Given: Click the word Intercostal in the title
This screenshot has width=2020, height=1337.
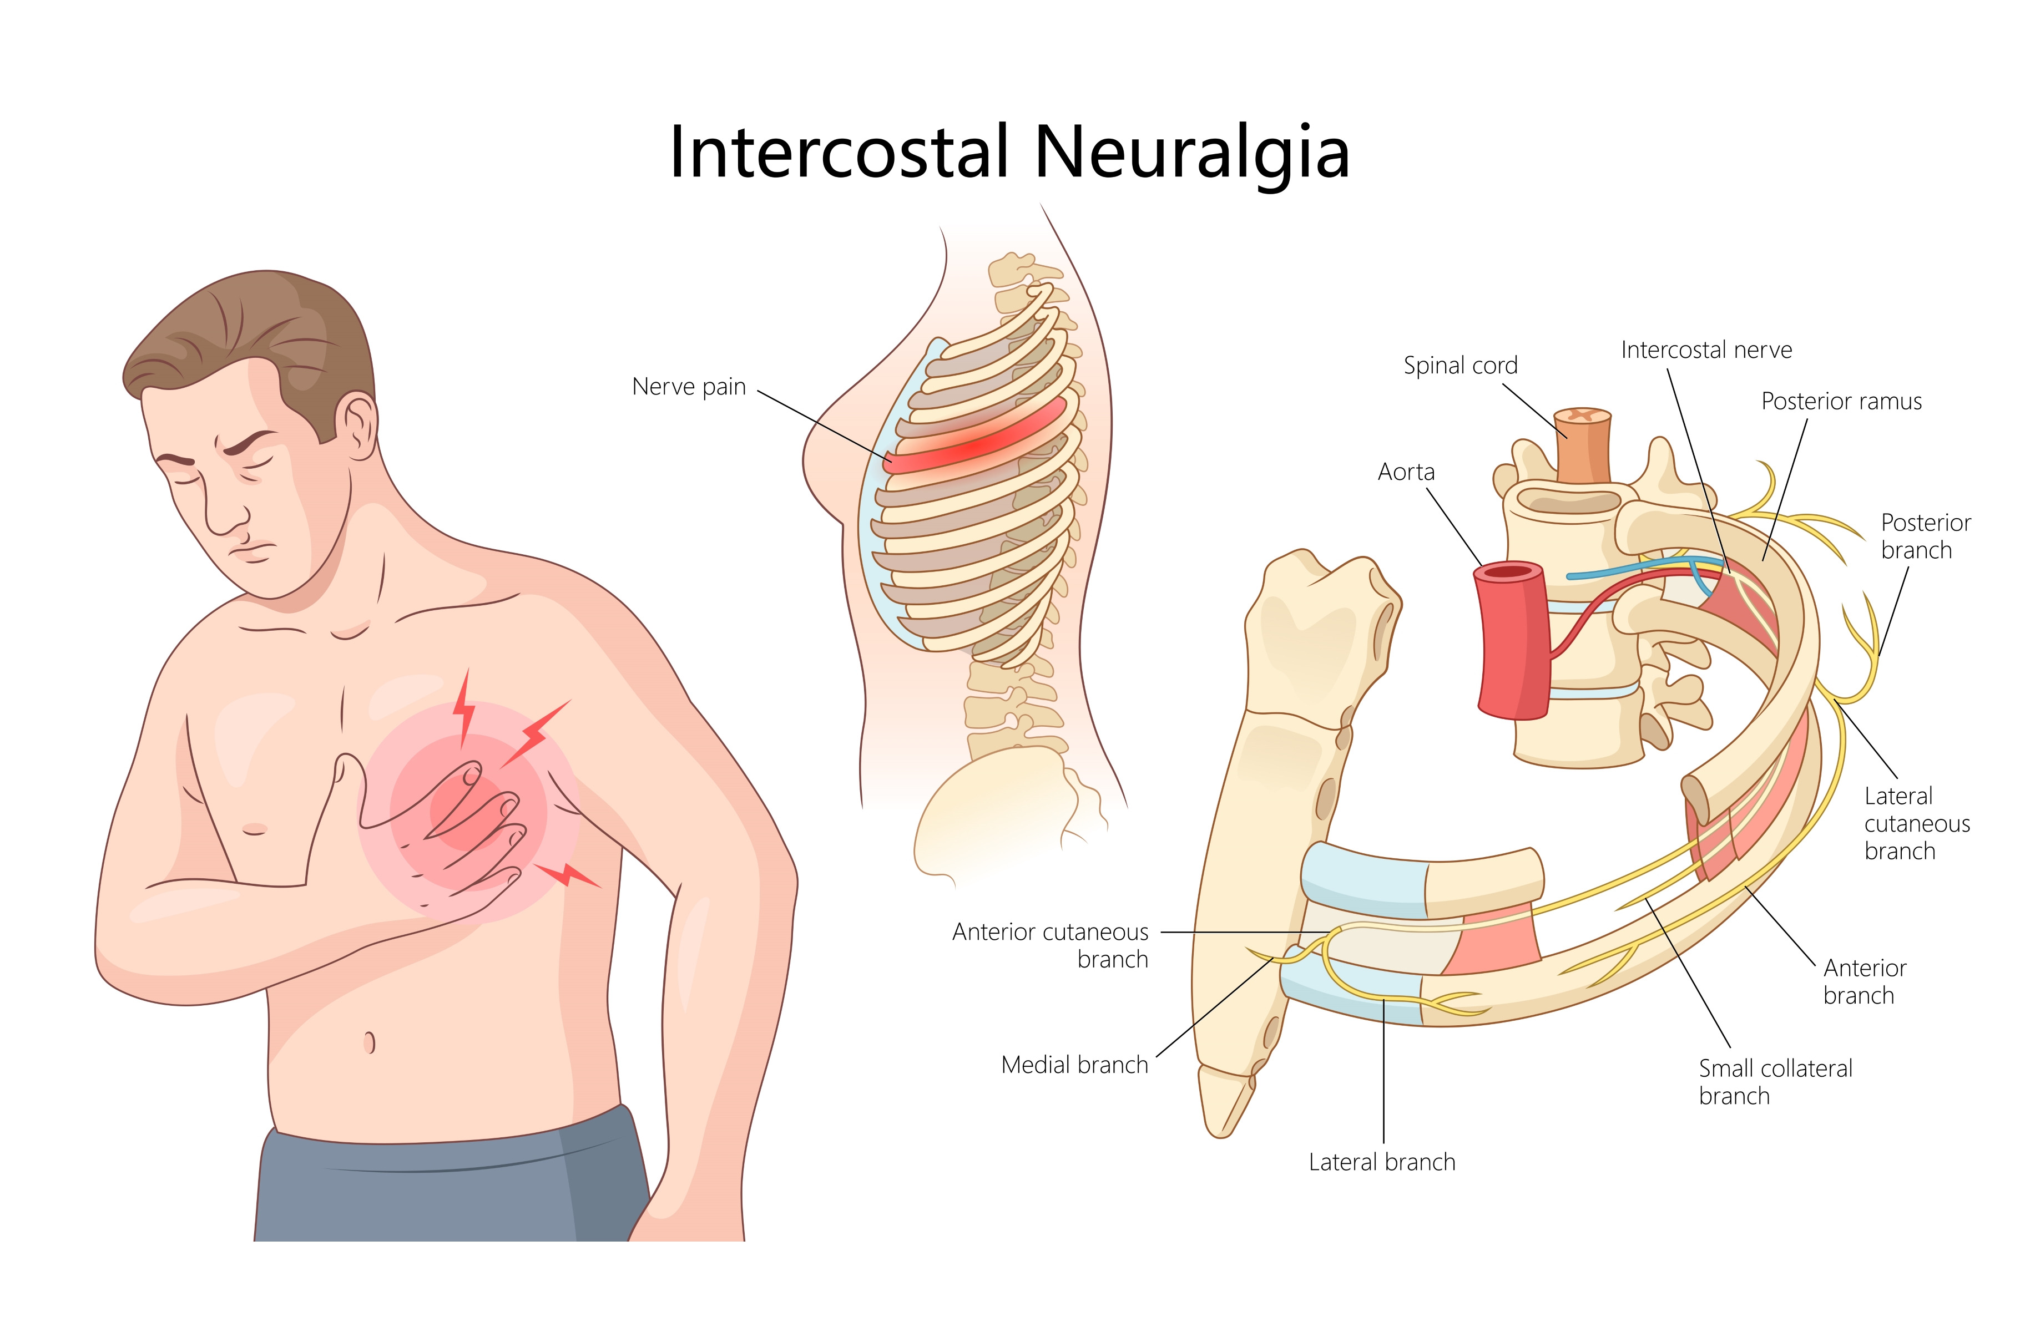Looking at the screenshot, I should [839, 154].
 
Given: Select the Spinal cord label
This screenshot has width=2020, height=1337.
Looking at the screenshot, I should [1460, 366].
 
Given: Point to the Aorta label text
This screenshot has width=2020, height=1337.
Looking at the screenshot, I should [1406, 472].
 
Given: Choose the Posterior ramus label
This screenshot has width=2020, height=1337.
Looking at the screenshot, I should [1841, 402].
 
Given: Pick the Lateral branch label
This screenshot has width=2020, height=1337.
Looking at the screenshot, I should [1381, 1162].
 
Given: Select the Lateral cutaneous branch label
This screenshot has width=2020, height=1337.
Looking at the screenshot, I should [1916, 824].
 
